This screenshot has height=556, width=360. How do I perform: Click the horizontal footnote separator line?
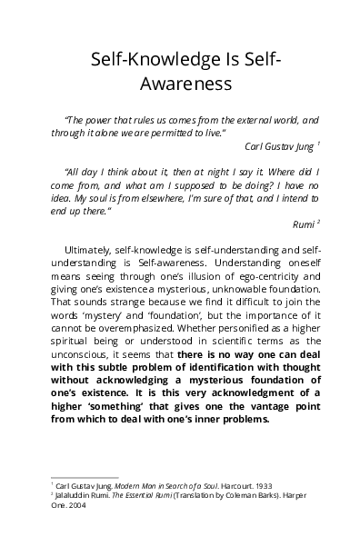pos(85,476)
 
